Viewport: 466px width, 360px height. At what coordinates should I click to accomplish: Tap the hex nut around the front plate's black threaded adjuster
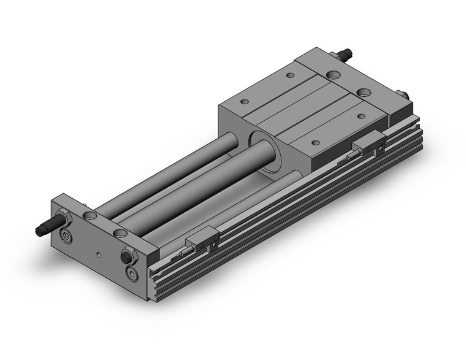[x=62, y=218]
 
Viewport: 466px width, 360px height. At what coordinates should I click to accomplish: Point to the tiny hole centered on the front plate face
[x=99, y=252]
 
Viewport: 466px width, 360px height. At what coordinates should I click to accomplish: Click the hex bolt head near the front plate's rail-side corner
[x=129, y=254]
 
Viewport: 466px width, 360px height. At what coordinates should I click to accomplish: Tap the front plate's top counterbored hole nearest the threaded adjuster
[x=91, y=215]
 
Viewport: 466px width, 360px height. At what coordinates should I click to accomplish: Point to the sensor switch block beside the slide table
[x=370, y=145]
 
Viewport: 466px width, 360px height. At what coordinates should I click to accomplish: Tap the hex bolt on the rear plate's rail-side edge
[x=405, y=94]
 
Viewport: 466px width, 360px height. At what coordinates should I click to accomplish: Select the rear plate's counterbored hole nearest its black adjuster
[x=334, y=75]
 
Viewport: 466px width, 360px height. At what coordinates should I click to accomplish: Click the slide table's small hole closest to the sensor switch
[x=315, y=142]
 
